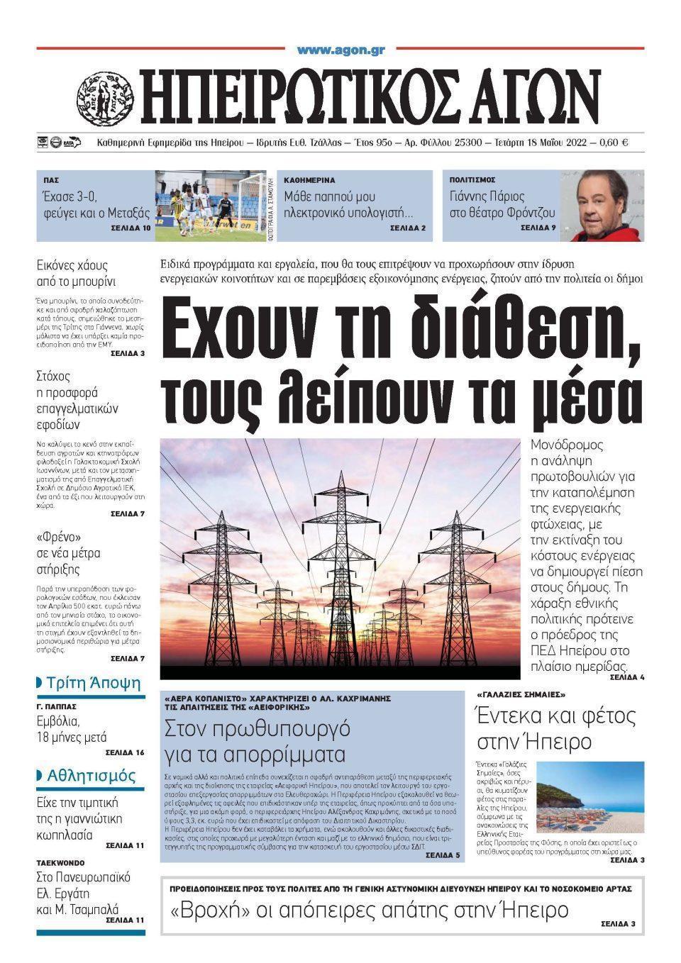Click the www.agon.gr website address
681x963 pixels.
coord(340,50)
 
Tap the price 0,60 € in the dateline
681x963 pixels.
coord(614,143)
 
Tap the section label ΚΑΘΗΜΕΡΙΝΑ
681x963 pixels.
coord(309,180)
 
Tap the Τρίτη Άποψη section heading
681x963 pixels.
coord(93,684)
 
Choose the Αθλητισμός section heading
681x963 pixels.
coord(91,775)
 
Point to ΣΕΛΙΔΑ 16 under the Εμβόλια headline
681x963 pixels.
coord(125,752)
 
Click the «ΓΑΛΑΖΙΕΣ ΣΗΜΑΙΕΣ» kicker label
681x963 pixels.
coord(521,694)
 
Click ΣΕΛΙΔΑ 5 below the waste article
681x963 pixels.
coord(443,856)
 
